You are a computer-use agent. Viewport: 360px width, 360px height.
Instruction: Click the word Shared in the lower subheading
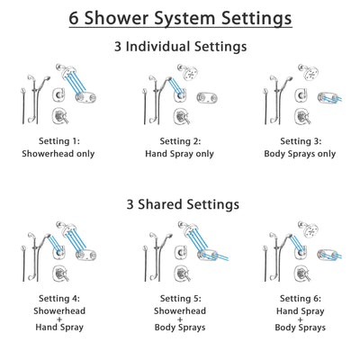pos(172,204)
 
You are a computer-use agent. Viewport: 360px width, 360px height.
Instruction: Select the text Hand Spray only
pos(180,153)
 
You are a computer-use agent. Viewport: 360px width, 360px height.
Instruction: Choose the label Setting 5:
pos(180,299)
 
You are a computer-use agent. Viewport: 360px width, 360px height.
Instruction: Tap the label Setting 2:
pos(180,141)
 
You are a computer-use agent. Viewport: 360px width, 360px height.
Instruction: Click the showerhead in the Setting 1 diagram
pos(65,70)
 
